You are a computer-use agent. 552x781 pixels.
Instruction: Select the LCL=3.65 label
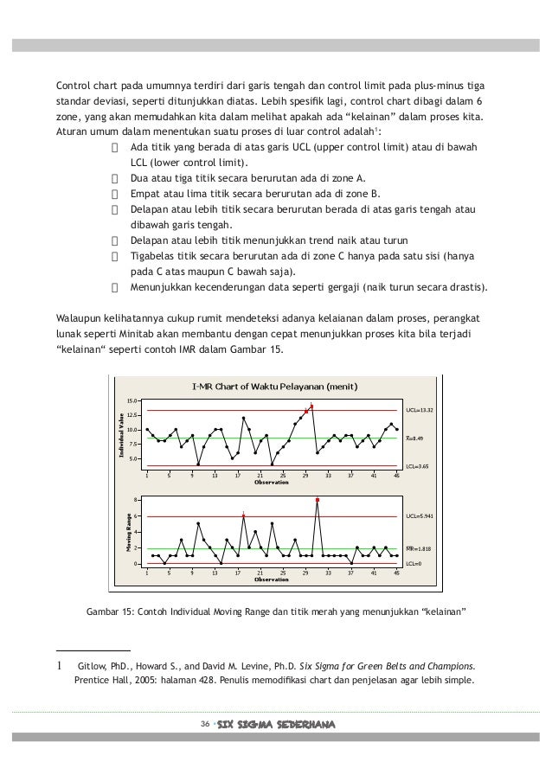(418, 466)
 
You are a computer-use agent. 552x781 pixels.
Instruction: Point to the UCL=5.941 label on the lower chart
(420, 516)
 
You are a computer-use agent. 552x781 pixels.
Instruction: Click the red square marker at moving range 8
(318, 500)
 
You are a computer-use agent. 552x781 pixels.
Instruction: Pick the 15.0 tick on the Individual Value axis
(132, 401)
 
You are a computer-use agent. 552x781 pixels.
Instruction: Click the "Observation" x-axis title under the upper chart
(271, 482)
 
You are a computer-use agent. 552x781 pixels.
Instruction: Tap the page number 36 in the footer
(204, 723)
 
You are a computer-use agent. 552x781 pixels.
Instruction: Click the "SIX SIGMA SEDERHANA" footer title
(275, 723)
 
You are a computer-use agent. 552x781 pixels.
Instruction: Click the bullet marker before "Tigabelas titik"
(115, 256)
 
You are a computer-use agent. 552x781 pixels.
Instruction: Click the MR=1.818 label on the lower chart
(420, 548)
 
